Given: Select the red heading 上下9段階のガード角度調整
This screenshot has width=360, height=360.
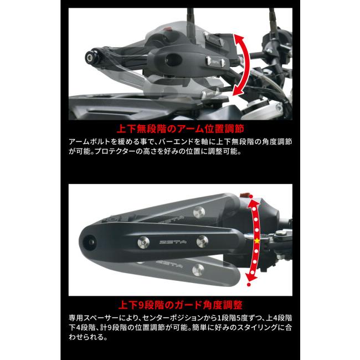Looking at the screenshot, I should coord(180,305).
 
